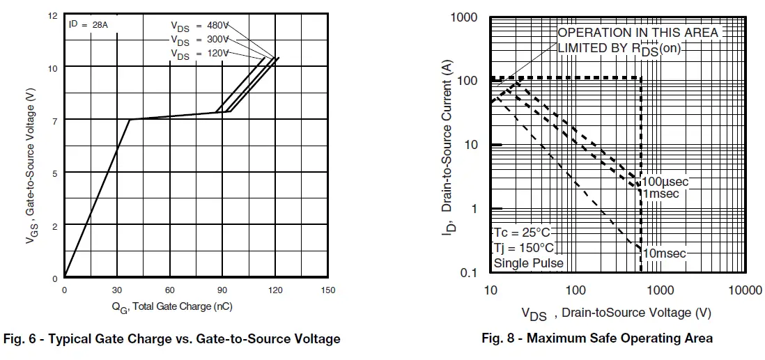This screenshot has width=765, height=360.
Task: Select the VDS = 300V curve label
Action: (200, 40)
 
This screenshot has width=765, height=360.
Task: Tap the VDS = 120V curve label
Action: (200, 54)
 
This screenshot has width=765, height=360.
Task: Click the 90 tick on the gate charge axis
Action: (222, 290)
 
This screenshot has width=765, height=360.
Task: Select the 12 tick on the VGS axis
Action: (53, 15)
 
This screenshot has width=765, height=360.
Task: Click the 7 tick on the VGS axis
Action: (54, 120)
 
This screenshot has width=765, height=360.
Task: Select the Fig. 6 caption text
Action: (172, 339)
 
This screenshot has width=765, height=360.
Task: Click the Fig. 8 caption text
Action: (597, 338)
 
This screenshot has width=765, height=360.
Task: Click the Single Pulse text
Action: (528, 263)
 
